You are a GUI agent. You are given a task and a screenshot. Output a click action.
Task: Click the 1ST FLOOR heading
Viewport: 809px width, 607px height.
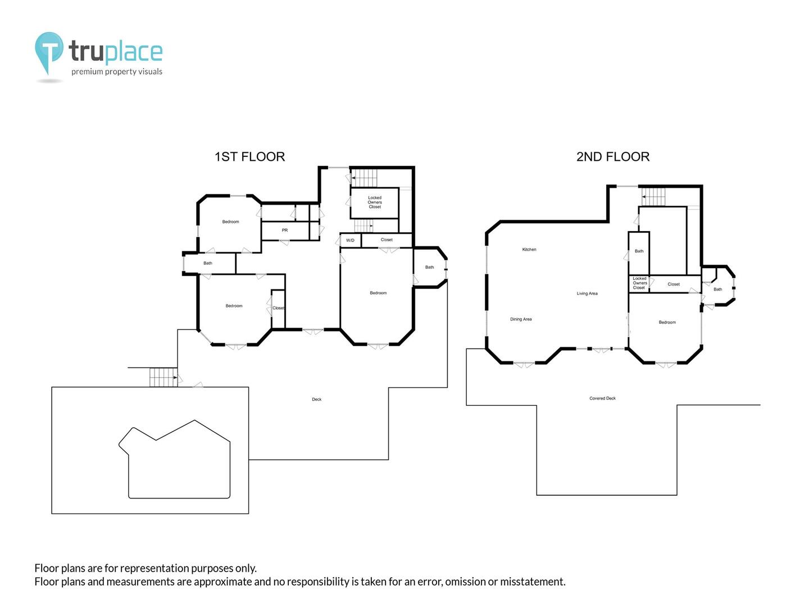point(249,157)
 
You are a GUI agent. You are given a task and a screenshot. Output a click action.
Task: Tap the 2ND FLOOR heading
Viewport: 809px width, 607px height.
point(612,157)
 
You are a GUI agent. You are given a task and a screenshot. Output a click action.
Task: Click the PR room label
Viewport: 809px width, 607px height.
point(284,230)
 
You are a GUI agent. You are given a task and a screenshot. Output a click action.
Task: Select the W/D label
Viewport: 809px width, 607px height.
point(350,241)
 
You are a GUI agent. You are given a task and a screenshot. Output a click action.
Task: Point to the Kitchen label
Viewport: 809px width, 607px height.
point(529,250)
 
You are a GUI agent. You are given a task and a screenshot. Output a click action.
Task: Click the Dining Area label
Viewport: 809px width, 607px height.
point(521,319)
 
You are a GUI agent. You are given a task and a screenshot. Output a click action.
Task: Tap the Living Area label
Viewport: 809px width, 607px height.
point(587,293)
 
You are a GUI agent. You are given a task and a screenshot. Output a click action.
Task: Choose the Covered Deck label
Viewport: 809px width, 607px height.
point(602,398)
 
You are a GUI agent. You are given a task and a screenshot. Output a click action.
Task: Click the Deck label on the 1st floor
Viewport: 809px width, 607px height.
point(317,399)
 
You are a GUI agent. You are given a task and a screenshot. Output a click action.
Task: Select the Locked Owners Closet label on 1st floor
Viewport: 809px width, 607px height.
point(375,202)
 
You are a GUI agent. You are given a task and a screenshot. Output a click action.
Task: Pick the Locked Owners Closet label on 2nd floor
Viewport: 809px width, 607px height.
point(639,283)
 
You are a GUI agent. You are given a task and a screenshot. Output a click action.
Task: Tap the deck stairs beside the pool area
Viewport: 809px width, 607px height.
point(163,377)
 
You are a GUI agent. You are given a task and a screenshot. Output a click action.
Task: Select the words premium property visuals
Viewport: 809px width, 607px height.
point(117,71)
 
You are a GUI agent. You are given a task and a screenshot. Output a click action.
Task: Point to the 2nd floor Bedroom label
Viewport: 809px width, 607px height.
point(667,322)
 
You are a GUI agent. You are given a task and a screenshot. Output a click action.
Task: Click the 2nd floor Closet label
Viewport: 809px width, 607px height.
point(674,284)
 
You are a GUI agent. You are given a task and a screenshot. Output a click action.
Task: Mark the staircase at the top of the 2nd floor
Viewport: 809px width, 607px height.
point(653,197)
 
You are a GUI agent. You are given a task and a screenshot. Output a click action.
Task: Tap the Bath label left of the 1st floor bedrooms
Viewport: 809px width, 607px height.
point(208,263)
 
